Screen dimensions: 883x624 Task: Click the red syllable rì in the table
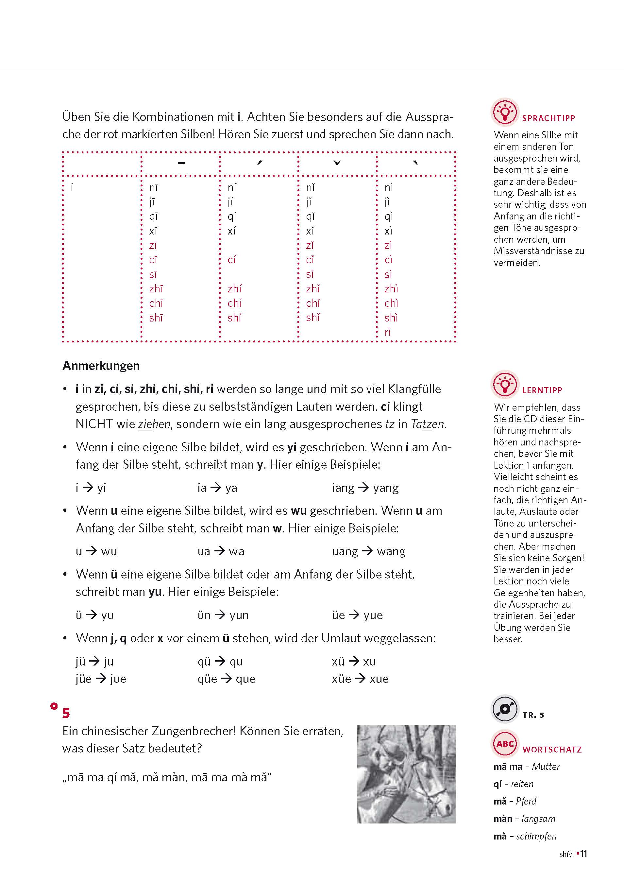(x=388, y=332)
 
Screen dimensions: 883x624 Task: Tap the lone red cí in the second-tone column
(x=231, y=260)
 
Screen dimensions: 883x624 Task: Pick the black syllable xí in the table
(x=231, y=231)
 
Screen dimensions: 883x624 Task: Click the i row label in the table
(x=72, y=188)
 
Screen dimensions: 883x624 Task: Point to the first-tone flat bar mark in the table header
(x=181, y=163)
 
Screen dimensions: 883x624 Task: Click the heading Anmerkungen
(x=101, y=365)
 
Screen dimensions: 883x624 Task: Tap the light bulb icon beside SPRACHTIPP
(x=505, y=112)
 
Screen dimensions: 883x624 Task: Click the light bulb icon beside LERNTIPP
(x=505, y=385)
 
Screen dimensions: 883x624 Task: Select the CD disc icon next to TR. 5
(x=505, y=709)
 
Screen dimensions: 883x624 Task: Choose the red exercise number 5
(x=66, y=713)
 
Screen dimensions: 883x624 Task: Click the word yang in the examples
(x=386, y=488)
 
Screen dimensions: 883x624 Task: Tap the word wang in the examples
(x=391, y=551)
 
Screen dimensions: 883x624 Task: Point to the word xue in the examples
(x=379, y=679)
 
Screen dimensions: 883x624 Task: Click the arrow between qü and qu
(x=220, y=661)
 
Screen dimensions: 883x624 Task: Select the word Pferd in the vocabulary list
(x=526, y=801)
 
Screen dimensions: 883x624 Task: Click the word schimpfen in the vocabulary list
(x=536, y=836)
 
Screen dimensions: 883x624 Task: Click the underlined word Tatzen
(x=428, y=424)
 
